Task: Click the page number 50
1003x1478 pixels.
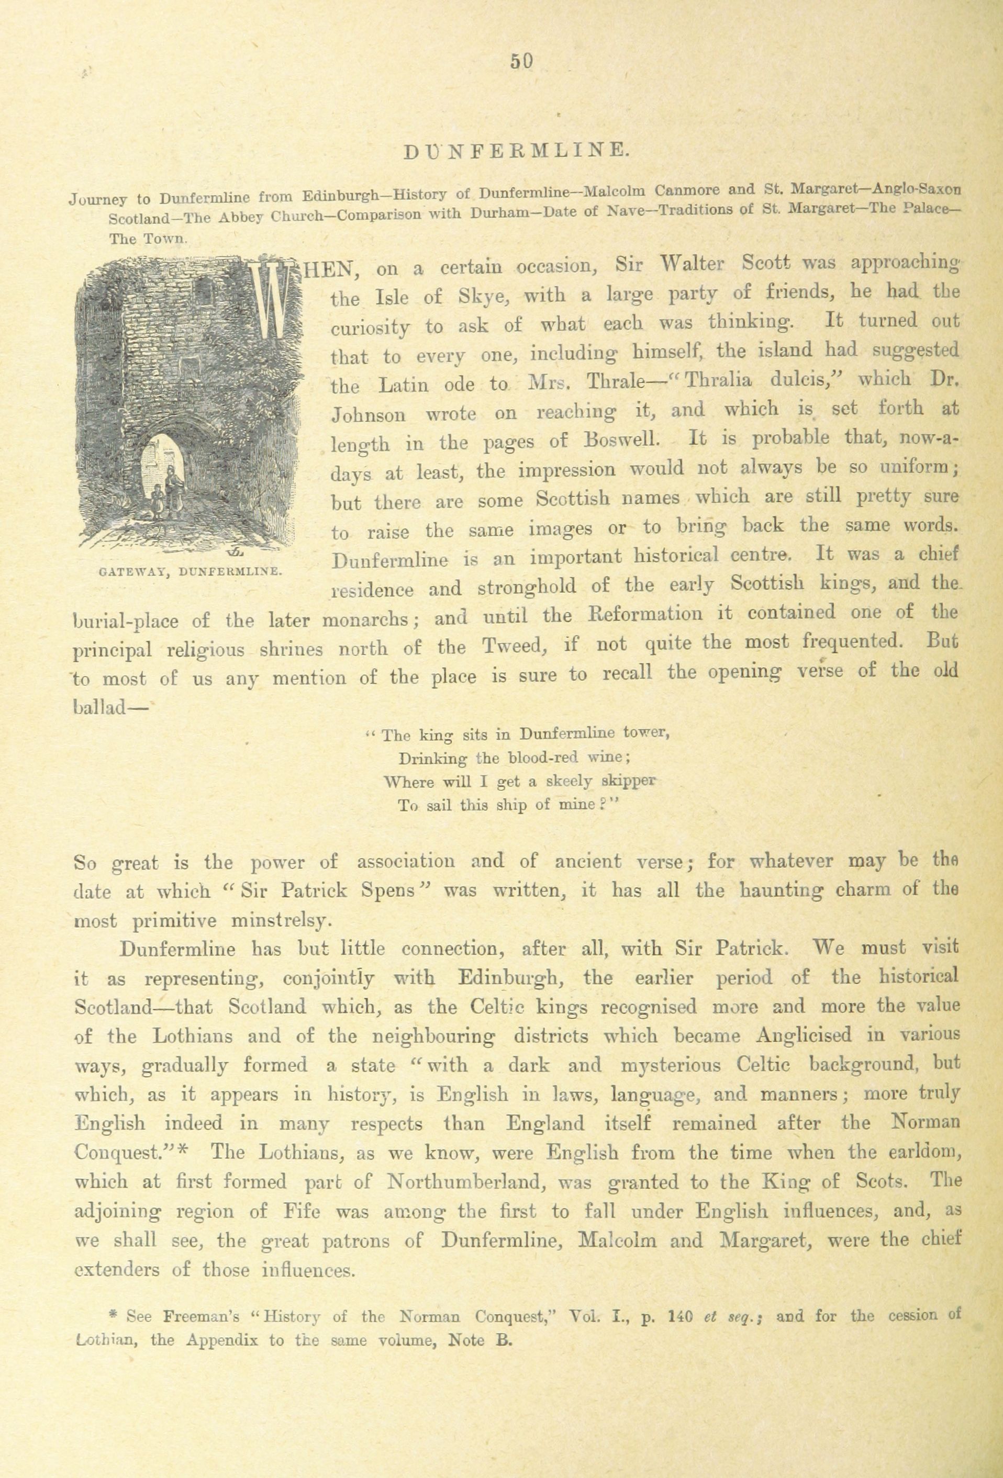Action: (520, 62)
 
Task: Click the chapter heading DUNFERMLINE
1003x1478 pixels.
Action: (517, 150)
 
